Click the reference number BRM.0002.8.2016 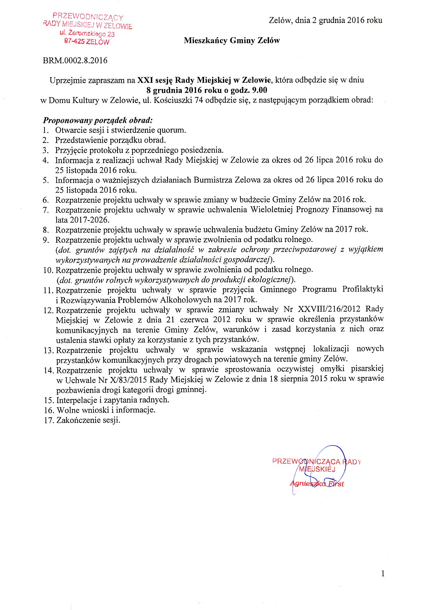pyautogui.click(x=75, y=61)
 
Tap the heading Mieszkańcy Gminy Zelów pyautogui.click(x=232, y=41)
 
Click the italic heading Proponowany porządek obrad pyautogui.click(x=98, y=121)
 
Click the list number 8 pyautogui.click(x=46, y=230)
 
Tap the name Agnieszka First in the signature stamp pyautogui.click(x=317, y=484)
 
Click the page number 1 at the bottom pyautogui.click(x=383, y=574)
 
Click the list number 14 pyautogui.click(x=48, y=370)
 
